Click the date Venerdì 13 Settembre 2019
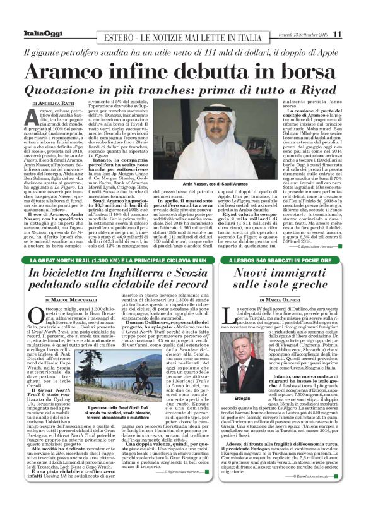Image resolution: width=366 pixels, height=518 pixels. tap(301, 34)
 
